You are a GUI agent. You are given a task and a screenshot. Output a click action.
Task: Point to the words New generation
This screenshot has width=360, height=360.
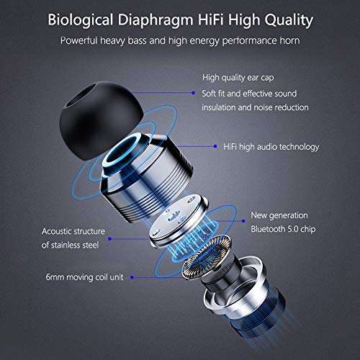coord(279,215)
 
